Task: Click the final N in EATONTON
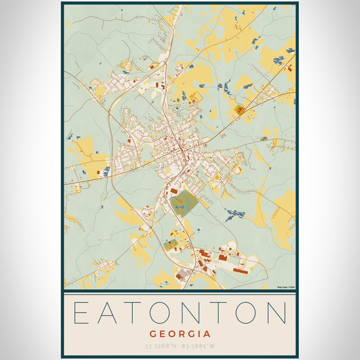(278, 313)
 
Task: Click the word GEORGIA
(180, 334)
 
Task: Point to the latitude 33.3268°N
(161, 347)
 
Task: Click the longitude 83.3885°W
(199, 347)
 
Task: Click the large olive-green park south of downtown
(184, 203)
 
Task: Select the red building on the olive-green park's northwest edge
(174, 191)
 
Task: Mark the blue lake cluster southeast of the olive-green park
(235, 214)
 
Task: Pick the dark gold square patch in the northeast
(240, 109)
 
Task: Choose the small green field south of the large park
(171, 244)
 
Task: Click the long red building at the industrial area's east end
(243, 271)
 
